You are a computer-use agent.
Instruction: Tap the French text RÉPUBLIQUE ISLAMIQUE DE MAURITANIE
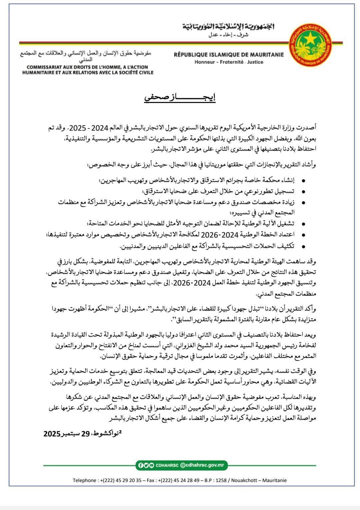(x=229, y=55)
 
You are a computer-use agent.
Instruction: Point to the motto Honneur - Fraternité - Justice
(x=229, y=62)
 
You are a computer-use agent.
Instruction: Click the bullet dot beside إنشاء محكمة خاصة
(x=303, y=181)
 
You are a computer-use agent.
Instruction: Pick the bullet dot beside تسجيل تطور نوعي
(x=303, y=192)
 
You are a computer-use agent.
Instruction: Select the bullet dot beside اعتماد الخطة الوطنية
(x=303, y=235)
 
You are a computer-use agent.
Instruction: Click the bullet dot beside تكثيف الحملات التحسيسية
(x=303, y=246)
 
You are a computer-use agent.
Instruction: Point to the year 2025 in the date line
(x=52, y=434)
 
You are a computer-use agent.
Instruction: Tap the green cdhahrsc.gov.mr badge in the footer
(x=182, y=465)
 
